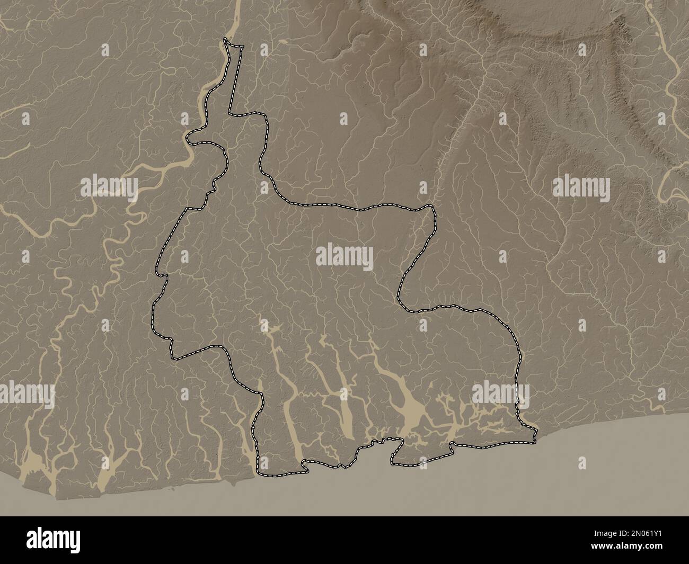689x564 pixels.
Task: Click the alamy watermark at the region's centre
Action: click(344, 257)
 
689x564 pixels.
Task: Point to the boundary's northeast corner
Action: click(432, 208)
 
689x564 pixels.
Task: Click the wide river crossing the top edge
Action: click(236, 8)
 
